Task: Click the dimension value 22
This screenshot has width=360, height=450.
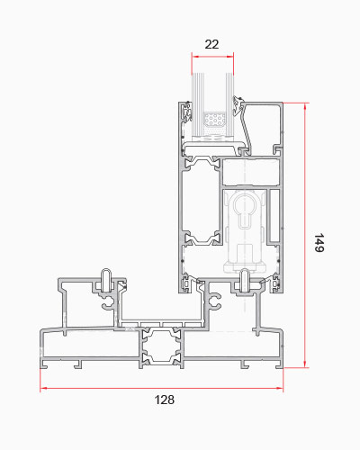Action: point(211,44)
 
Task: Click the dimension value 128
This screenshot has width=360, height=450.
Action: point(165,400)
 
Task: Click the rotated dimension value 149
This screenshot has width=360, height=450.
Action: point(319,243)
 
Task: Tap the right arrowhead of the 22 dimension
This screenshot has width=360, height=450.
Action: point(230,56)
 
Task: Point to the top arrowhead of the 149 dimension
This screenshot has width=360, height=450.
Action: point(305,106)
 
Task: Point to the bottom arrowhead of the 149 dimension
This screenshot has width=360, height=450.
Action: point(305,364)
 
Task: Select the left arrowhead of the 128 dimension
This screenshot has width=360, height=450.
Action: point(43,389)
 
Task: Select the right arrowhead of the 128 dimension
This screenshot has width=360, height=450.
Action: point(279,389)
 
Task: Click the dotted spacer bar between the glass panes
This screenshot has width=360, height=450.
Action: point(214,120)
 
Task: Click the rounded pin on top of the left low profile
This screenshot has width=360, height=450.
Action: point(106,280)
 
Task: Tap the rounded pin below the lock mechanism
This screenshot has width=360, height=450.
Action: point(246,281)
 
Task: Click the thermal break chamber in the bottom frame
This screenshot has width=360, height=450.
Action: point(161,347)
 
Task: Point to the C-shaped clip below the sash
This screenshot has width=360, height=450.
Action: point(215,301)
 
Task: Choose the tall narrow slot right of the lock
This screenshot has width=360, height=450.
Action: point(274,215)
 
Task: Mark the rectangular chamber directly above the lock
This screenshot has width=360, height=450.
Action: point(251,173)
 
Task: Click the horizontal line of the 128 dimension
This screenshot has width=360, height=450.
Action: point(161,389)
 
